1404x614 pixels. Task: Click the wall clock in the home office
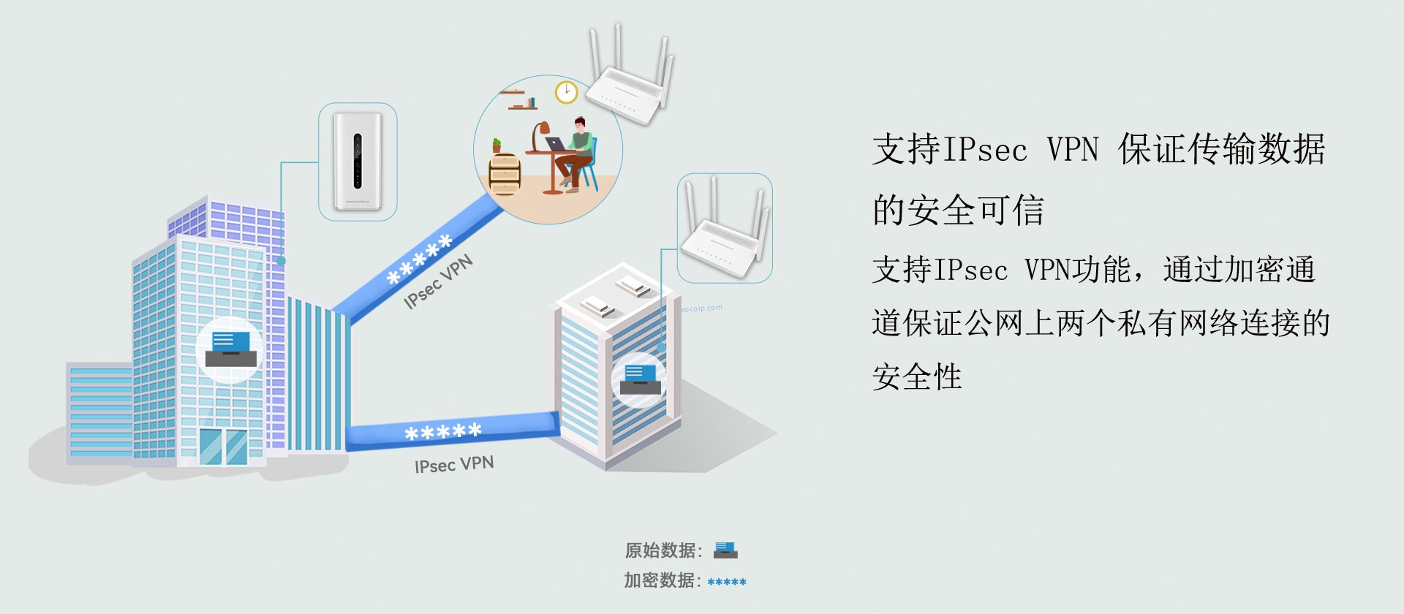(x=566, y=92)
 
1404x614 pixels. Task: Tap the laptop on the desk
(x=556, y=145)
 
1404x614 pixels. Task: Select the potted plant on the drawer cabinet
(x=497, y=145)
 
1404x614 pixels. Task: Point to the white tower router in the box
(x=358, y=161)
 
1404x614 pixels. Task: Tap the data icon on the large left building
(x=231, y=349)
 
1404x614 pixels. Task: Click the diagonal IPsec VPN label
(x=439, y=282)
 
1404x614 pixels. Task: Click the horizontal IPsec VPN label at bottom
(x=454, y=464)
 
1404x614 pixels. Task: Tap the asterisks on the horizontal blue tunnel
(x=443, y=432)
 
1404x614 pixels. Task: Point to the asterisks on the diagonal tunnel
(x=419, y=260)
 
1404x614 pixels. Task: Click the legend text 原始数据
(x=662, y=550)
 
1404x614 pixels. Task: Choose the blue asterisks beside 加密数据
(x=727, y=583)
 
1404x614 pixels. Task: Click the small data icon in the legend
(x=725, y=550)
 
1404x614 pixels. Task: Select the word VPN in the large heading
(x=1073, y=150)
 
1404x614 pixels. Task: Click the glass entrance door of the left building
(x=223, y=446)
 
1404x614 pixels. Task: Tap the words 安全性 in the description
(x=917, y=377)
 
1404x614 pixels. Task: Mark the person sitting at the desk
(x=577, y=153)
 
